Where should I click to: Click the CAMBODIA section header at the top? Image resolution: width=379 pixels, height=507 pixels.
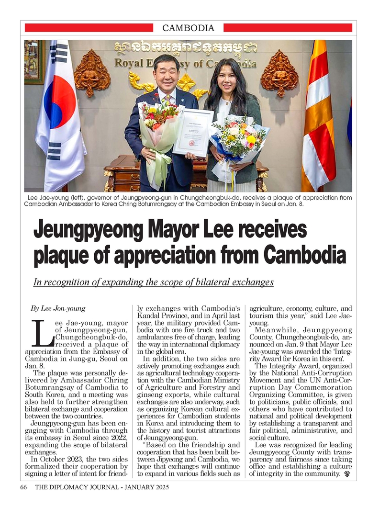(x=189, y=28)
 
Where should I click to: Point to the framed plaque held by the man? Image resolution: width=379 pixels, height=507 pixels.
(x=193, y=132)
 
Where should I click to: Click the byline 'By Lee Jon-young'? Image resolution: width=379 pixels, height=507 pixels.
(x=58, y=308)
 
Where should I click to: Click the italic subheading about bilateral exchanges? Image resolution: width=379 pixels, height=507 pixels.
(x=153, y=282)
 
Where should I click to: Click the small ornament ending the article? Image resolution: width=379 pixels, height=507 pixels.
(x=346, y=474)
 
